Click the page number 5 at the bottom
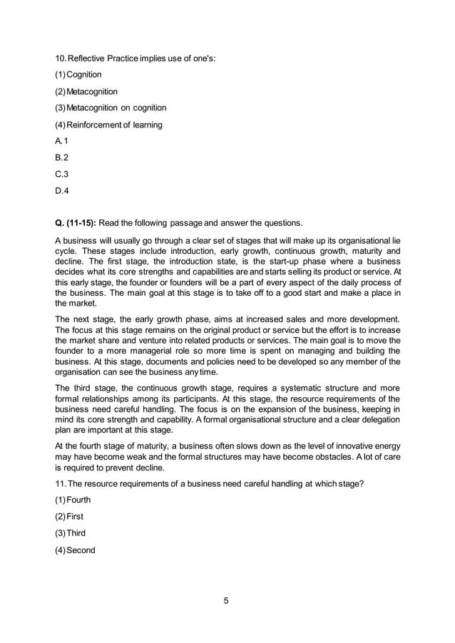coord(226,600)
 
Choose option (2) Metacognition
coord(86,91)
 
